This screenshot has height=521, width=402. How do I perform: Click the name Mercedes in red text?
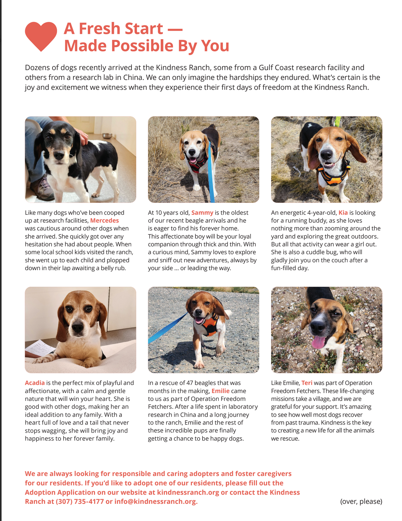click(x=104, y=221)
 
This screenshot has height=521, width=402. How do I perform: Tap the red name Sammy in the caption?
click(x=202, y=213)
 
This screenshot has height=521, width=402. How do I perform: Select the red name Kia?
click(x=343, y=213)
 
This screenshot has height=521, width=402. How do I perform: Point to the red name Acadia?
click(x=35, y=383)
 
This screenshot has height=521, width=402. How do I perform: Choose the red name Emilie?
click(x=220, y=391)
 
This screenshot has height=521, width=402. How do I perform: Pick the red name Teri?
click(x=307, y=383)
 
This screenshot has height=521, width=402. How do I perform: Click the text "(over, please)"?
click(x=361, y=501)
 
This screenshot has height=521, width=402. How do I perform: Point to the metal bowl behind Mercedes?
click(x=107, y=136)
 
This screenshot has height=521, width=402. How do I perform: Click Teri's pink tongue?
click(x=318, y=342)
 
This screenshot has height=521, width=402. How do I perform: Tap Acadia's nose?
click(x=78, y=328)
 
